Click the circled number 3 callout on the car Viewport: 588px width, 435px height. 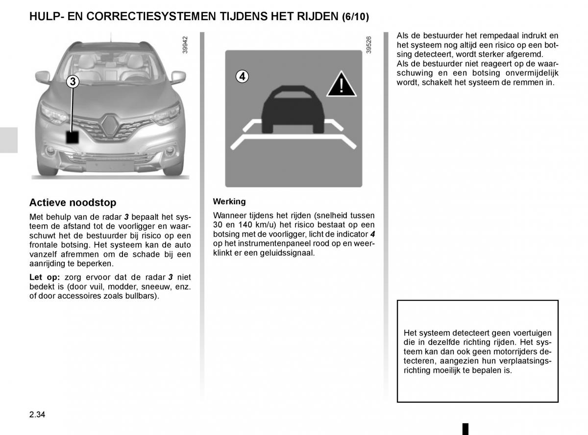point(73,82)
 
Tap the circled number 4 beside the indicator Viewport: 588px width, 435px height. point(242,76)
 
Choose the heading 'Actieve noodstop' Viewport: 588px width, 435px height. point(73,202)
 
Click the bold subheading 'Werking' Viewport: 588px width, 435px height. point(229,201)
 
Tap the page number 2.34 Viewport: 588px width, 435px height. point(37,415)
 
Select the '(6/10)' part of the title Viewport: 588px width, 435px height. point(355,17)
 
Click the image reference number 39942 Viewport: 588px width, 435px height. point(185,46)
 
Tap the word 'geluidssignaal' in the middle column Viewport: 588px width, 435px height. point(291,253)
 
